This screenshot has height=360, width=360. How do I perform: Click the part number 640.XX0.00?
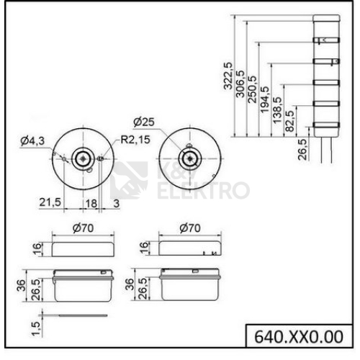299,337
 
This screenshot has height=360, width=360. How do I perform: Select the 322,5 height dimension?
228,76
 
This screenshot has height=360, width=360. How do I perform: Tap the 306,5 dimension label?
240,84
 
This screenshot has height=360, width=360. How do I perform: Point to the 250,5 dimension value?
252,89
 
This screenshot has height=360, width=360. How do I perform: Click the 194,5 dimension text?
265,99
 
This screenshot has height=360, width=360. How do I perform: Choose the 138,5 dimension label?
277,110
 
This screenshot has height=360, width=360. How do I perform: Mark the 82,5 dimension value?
289,121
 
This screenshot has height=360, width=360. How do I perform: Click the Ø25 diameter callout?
144,122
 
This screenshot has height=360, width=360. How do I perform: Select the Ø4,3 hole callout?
32,140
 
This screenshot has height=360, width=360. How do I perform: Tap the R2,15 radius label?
135,140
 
